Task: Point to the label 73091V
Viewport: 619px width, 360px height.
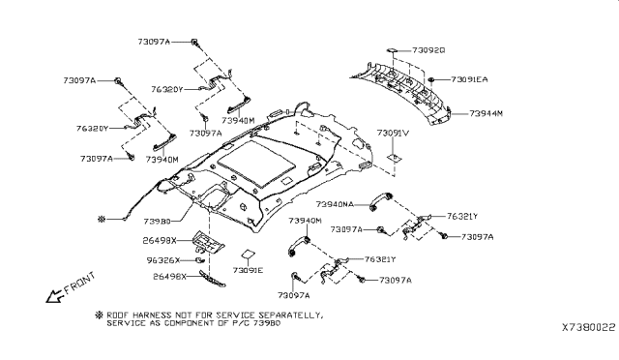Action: pyautogui.click(x=394, y=132)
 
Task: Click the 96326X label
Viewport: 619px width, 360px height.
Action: pyautogui.click(x=162, y=260)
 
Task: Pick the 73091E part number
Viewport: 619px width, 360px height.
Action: pyautogui.click(x=246, y=271)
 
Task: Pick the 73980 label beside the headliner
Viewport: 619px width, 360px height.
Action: pyautogui.click(x=162, y=221)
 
